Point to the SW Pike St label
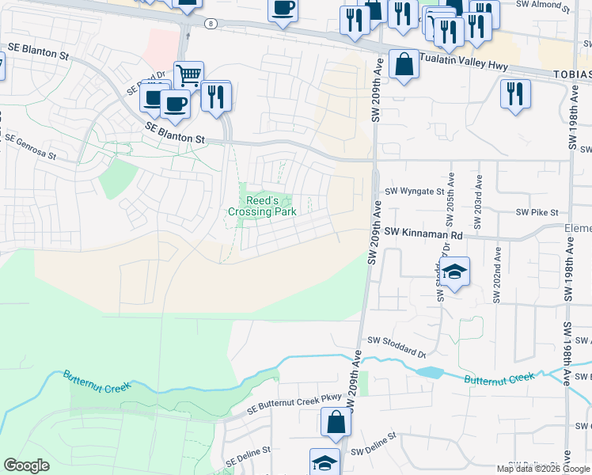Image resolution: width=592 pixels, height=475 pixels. point(537,212)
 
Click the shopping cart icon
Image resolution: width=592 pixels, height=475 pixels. point(189,75)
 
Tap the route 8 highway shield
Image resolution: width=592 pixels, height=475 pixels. point(209,24)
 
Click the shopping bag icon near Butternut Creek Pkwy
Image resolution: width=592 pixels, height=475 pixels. point(336,422)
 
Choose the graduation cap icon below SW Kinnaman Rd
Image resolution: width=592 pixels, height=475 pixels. point(455,272)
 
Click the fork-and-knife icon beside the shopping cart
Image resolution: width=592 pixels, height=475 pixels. point(215,96)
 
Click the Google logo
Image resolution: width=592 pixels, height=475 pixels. point(27,465)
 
